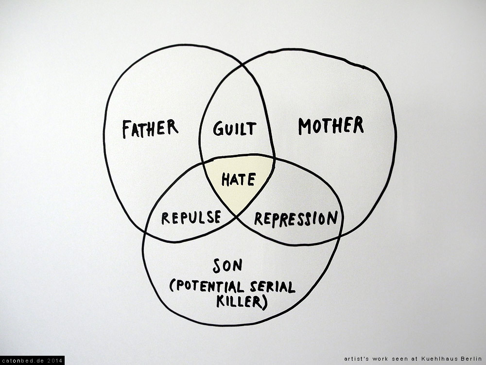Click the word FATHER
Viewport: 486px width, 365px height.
click(150, 128)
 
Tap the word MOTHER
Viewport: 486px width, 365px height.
click(330, 126)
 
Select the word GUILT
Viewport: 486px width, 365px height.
click(234, 128)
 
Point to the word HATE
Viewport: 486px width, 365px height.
click(238, 180)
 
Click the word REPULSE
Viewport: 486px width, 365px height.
click(191, 218)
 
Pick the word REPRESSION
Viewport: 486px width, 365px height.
click(295, 219)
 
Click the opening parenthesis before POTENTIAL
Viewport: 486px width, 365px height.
click(173, 287)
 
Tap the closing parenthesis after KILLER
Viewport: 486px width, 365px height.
click(265, 302)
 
